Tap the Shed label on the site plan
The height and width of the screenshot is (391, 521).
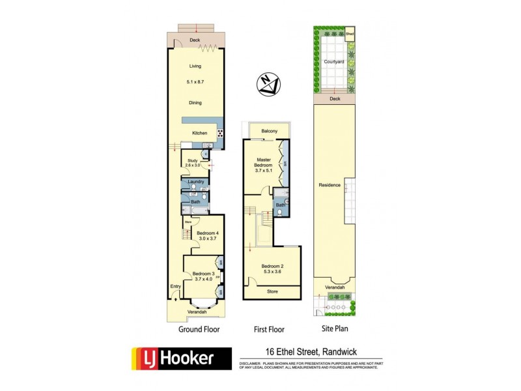[350, 33]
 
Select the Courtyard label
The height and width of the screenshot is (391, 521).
[333, 61]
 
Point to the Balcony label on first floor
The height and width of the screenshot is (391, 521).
[270, 131]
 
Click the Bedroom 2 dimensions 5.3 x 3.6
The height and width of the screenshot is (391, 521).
[272, 272]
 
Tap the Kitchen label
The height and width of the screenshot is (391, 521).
[199, 133]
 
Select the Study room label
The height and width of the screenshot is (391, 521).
[192, 160]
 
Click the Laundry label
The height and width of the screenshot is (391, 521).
[196, 182]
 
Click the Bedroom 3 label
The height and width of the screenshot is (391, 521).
[203, 274]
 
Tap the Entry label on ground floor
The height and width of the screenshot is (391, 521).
[175, 286]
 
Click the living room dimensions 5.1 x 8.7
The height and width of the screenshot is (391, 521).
[195, 82]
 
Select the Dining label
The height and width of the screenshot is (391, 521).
[195, 102]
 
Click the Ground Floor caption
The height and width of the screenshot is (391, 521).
[199, 330]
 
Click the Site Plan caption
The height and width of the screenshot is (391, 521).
[334, 330]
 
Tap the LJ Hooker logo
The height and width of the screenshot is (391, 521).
[182, 358]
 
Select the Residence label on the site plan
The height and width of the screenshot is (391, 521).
[330, 185]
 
